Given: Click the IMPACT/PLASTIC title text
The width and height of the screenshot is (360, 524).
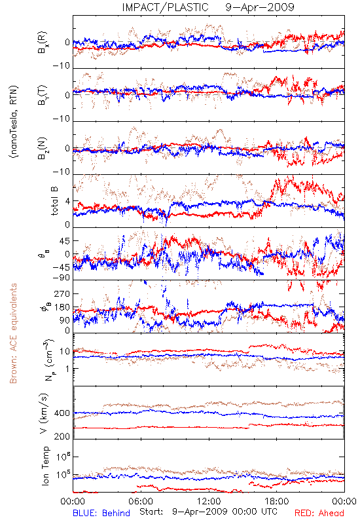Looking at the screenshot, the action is (165, 7).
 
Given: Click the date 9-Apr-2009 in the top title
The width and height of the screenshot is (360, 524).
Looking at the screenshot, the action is (260, 7).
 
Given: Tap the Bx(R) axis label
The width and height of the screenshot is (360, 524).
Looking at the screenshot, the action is (43, 43).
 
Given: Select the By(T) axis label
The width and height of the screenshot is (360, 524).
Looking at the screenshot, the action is (43, 95).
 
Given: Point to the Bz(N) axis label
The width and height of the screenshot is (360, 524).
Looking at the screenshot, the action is (43, 148).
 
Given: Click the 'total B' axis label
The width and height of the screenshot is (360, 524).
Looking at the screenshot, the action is (54, 201).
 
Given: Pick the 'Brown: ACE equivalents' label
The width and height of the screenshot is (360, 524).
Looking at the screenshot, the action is (13, 333).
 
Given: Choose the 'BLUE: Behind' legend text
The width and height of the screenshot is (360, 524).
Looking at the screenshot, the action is (101, 513).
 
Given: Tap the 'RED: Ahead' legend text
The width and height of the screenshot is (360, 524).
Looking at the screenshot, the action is (319, 513).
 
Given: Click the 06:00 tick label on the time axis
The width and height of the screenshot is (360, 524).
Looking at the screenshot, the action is (141, 501).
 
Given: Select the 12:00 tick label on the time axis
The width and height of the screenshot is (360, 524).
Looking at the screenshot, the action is (209, 501).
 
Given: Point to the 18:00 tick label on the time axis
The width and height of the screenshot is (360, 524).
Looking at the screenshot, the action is (277, 501).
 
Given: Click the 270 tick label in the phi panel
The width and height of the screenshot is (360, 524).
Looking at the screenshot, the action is (62, 293).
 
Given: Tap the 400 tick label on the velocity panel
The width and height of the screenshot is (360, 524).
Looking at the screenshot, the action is (62, 413).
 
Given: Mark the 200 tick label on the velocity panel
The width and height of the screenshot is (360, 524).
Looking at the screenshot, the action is (62, 436).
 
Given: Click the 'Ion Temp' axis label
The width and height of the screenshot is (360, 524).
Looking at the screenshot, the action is (45, 466).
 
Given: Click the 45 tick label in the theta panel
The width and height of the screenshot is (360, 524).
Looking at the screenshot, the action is (65, 240).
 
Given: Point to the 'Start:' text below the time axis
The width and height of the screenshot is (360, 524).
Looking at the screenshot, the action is (151, 512).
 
